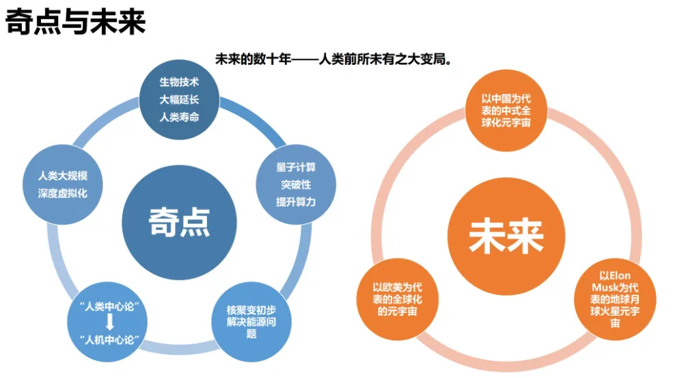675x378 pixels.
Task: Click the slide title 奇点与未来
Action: tap(75, 23)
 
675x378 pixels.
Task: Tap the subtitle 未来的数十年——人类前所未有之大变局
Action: tap(335, 59)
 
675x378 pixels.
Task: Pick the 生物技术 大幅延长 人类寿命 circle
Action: tap(179, 99)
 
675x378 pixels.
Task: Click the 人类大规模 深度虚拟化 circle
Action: tap(63, 185)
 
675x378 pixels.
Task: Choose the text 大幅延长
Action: tap(179, 100)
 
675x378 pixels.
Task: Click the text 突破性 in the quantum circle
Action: tap(296, 185)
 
